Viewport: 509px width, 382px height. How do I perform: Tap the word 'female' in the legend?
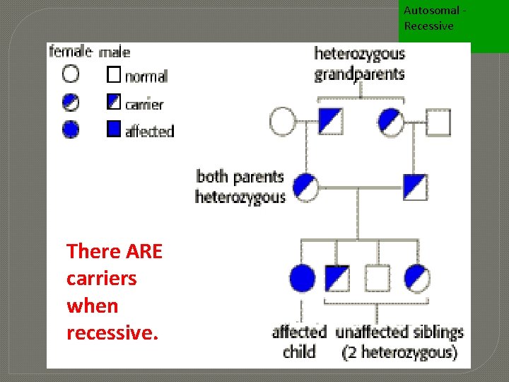[69, 51]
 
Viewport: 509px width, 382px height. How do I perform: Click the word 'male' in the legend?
[115, 52]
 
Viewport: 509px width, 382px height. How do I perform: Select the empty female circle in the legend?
[71, 73]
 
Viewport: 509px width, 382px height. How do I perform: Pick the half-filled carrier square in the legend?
[114, 102]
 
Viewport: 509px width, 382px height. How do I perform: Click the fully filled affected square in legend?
[114, 129]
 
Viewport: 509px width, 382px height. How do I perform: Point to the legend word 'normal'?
[146, 76]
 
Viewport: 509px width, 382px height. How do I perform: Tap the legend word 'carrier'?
[144, 104]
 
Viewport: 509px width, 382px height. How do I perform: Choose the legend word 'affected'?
[149, 131]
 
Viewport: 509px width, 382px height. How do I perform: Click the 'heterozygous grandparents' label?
[359, 64]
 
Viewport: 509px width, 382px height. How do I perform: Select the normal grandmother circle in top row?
[282, 122]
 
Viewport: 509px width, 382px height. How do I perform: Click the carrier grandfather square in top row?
[330, 122]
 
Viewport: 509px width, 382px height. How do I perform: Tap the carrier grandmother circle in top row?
[391, 122]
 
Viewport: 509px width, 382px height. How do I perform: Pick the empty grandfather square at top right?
[438, 122]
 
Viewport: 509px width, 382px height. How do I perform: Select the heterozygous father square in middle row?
[415, 187]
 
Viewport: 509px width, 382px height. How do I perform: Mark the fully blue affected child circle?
[302, 278]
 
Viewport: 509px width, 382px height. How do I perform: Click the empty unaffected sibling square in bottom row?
[377, 278]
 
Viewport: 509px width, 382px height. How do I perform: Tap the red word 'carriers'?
[101, 278]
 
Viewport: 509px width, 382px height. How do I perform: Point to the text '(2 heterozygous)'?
[400, 351]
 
